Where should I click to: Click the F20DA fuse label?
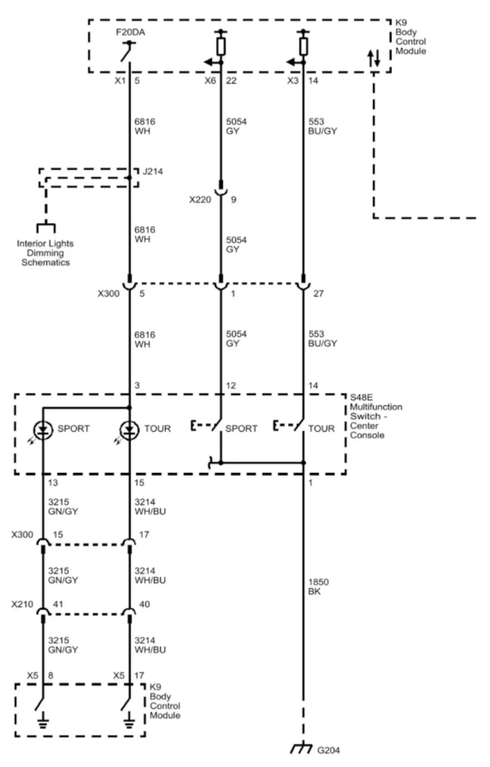point(130,32)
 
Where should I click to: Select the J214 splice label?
point(153,171)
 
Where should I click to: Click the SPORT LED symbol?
point(42,430)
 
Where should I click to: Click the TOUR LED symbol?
point(129,430)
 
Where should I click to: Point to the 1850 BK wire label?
point(318,587)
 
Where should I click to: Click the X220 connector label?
point(200,200)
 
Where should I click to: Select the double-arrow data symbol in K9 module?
point(374,58)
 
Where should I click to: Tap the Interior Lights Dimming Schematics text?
point(45,253)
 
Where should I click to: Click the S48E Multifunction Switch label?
point(375,416)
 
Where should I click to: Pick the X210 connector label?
point(22,604)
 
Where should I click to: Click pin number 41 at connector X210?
point(58,604)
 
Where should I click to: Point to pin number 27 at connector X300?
point(318,293)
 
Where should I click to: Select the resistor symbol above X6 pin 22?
point(221,46)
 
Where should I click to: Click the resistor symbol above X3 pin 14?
point(303,46)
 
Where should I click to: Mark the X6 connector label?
point(210,81)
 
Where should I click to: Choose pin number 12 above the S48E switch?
point(231,386)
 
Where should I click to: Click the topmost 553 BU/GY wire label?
point(322,126)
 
